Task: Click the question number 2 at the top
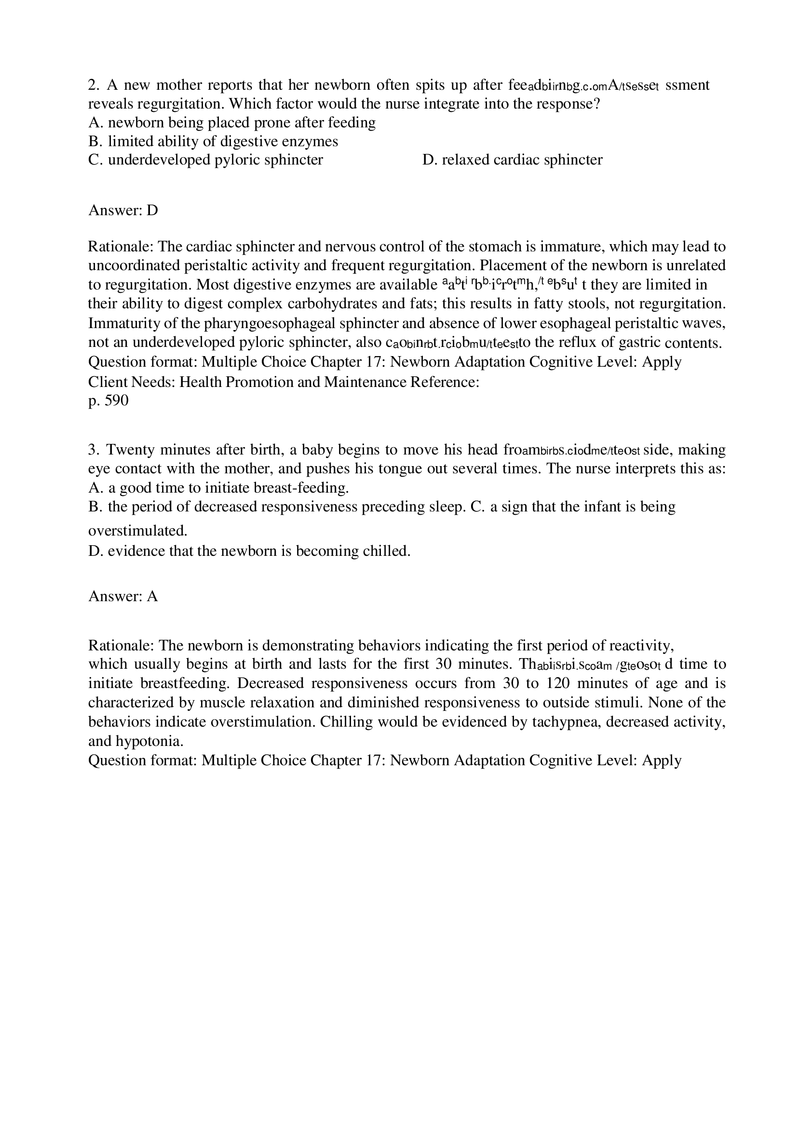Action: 94,85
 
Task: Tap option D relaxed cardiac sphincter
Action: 512,159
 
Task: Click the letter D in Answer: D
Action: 152,210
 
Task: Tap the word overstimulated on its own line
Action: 138,531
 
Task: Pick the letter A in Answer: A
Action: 152,596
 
